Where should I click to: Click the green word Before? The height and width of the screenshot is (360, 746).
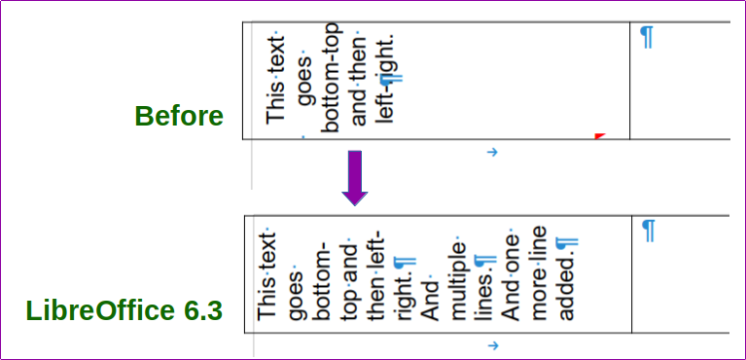coord(179,117)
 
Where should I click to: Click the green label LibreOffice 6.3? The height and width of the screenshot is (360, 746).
coord(124,312)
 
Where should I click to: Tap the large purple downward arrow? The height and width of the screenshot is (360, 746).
coord(355,177)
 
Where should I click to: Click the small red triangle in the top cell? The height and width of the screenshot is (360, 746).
coord(599,135)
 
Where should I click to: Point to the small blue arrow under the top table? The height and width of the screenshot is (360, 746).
coord(491,152)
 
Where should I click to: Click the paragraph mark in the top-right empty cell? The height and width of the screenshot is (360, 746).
coord(647,37)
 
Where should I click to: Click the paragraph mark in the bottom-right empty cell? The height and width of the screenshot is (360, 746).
coord(649,231)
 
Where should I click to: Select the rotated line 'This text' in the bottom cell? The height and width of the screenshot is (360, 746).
coord(266,276)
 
